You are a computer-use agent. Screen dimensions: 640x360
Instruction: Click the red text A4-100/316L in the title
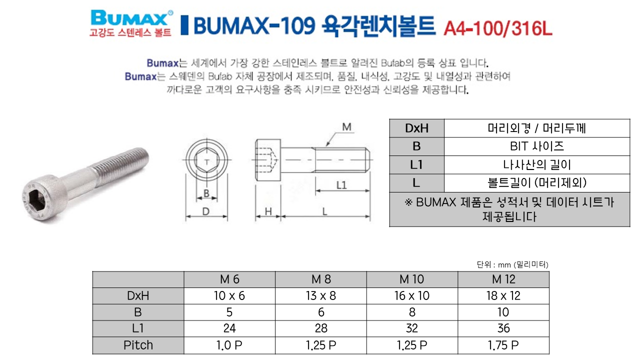[497, 28]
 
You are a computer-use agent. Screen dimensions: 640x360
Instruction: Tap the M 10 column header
[411, 279]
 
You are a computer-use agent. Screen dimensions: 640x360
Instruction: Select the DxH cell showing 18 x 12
[503, 295]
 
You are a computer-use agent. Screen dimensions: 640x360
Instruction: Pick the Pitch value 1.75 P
[503, 345]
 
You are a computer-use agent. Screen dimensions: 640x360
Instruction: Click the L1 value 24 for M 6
[229, 328]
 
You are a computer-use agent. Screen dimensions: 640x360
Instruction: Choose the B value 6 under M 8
[321, 312]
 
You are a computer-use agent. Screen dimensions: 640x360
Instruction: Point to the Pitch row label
[138, 345]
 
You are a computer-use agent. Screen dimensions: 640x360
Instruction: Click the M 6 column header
[229, 279]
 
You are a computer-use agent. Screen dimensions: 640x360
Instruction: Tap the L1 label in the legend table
[416, 165]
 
